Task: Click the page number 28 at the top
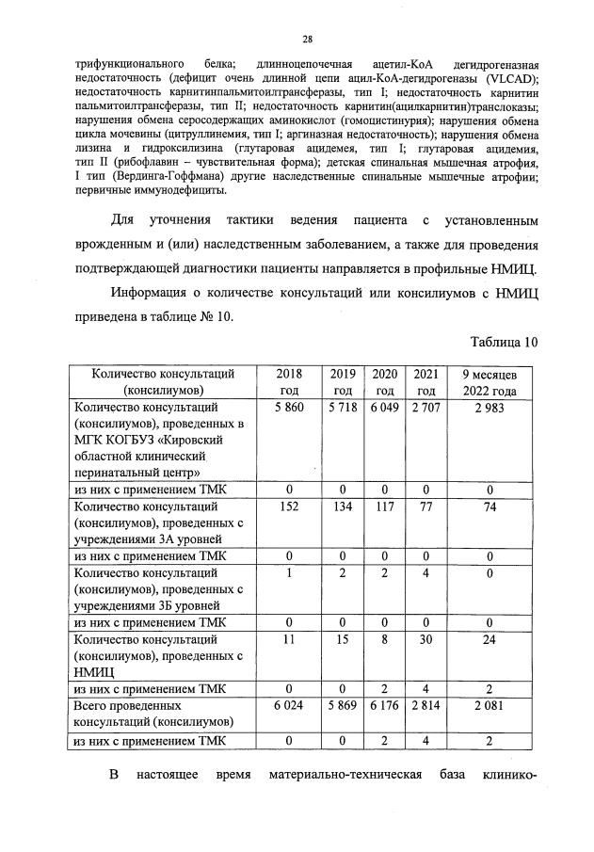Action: coord(307,39)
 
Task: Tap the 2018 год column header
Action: coord(289,381)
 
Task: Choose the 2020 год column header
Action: coord(384,381)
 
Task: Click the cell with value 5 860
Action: coord(289,408)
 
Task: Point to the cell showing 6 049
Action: coord(384,408)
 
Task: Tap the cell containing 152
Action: coord(289,506)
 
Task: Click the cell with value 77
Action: coord(425,506)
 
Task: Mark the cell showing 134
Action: coord(343,506)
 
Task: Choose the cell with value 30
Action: coord(425,638)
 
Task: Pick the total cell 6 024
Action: coord(289,704)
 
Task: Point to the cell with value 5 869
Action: coord(343,704)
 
